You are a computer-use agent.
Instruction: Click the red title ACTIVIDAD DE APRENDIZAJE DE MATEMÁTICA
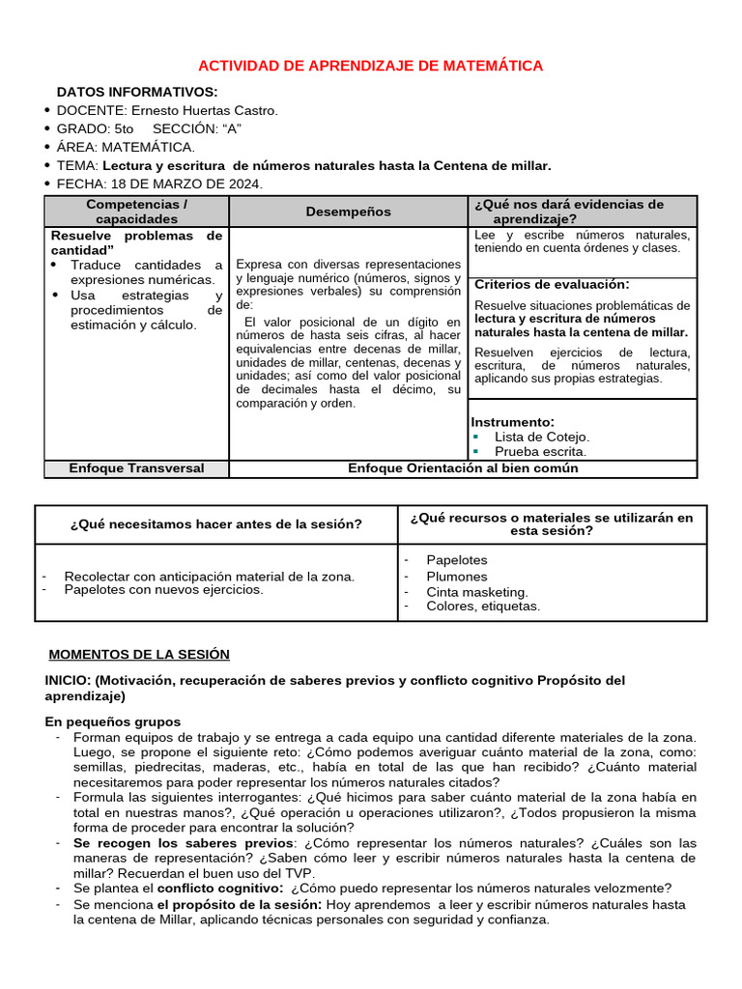[370, 66]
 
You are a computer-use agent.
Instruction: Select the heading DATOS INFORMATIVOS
[136, 92]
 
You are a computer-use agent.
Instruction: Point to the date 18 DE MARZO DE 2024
[186, 184]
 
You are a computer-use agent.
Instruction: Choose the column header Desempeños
[349, 212]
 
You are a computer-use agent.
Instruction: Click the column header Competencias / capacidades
[136, 212]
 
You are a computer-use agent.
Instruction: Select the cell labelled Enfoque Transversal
[136, 468]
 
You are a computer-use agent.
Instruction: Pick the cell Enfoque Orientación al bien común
[463, 468]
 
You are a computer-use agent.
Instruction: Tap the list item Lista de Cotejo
[541, 437]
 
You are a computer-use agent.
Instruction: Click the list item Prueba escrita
[540, 451]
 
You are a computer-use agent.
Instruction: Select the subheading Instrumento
[512, 422]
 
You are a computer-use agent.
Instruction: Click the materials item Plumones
[457, 577]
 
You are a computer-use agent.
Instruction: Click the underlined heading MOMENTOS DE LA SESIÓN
[139, 655]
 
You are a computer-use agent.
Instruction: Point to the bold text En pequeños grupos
[113, 721]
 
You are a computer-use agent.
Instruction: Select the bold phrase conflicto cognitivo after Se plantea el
[220, 889]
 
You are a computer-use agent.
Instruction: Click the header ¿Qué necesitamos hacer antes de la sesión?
[216, 524]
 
